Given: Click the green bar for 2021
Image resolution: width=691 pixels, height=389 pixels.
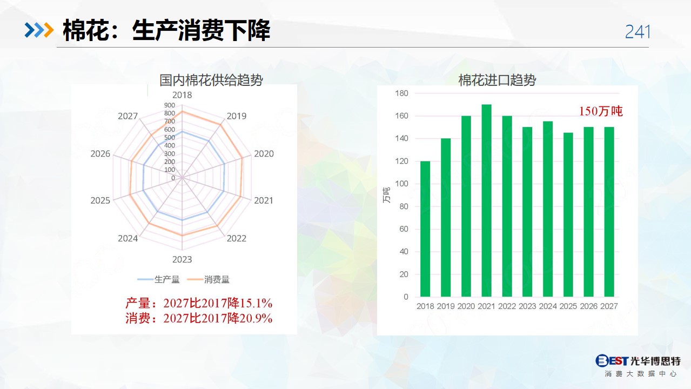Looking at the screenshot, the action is click(x=486, y=200).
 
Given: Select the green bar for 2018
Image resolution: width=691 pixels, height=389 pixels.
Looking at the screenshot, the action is click(x=425, y=229).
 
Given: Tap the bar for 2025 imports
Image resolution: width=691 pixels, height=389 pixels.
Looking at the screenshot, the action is click(x=568, y=214).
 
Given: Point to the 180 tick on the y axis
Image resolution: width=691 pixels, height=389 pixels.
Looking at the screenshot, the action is click(x=401, y=93).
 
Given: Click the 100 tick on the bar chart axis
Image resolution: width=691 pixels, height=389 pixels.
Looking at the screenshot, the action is click(x=401, y=184).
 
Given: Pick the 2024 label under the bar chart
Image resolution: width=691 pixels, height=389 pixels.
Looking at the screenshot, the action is click(x=548, y=306).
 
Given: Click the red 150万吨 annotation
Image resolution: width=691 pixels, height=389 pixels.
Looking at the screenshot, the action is click(x=601, y=111).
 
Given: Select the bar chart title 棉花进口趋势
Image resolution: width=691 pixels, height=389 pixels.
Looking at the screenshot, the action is click(x=497, y=80).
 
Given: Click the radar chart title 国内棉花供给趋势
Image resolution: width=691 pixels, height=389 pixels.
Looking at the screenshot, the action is click(x=211, y=80).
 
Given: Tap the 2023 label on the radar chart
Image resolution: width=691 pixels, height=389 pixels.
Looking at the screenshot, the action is click(x=182, y=259).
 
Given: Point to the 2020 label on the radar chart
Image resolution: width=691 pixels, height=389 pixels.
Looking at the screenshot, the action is click(x=264, y=153).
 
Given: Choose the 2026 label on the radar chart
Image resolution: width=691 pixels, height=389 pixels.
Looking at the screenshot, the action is click(x=100, y=153).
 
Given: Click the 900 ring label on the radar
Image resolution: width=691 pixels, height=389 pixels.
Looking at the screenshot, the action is click(x=170, y=105).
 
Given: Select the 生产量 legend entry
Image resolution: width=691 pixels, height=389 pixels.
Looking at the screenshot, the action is click(x=158, y=279).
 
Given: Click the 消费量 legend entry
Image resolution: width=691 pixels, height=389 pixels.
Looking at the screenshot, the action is click(x=208, y=279).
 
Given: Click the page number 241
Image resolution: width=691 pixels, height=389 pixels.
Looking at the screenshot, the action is click(x=638, y=32).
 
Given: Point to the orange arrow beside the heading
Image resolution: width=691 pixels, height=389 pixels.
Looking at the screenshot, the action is click(x=49, y=30).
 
